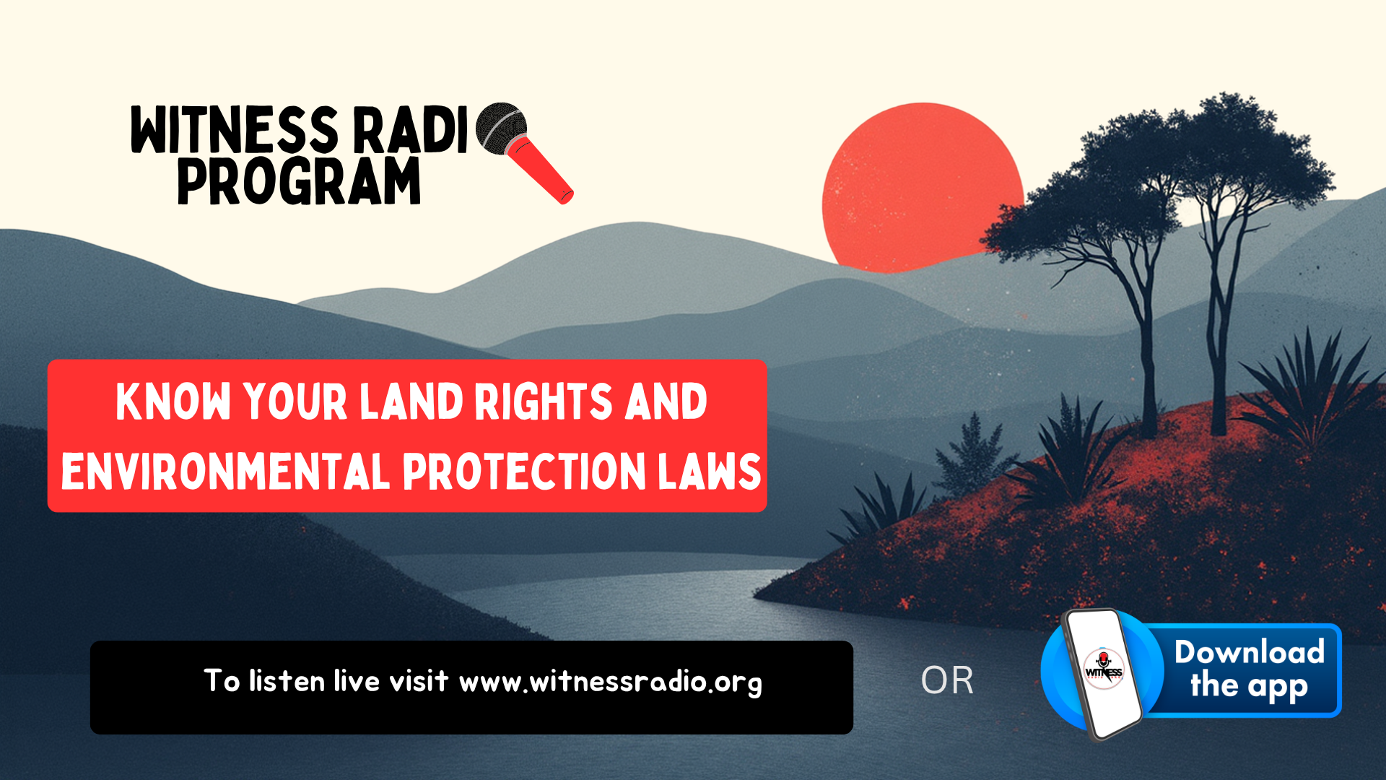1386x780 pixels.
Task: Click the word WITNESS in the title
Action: click(x=235, y=130)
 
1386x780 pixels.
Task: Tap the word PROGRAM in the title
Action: click(x=299, y=181)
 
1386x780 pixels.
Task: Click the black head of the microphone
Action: click(x=501, y=128)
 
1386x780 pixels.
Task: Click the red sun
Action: click(x=922, y=188)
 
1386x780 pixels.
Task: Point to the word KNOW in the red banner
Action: click(x=173, y=402)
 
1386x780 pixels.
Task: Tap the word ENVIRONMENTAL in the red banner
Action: click(x=226, y=472)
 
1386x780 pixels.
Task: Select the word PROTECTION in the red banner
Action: click(x=524, y=472)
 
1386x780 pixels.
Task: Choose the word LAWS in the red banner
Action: click(x=709, y=472)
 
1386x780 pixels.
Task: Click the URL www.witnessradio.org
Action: click(x=611, y=682)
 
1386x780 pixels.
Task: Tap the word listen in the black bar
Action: click(x=287, y=681)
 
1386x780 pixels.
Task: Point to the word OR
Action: click(x=947, y=680)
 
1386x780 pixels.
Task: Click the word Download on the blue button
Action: click(x=1250, y=652)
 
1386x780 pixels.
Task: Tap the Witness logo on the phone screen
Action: click(x=1104, y=669)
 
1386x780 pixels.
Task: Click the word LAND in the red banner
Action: click(x=411, y=402)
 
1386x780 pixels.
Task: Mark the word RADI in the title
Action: click(x=410, y=130)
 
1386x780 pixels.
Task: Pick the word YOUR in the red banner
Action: click(x=295, y=402)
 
